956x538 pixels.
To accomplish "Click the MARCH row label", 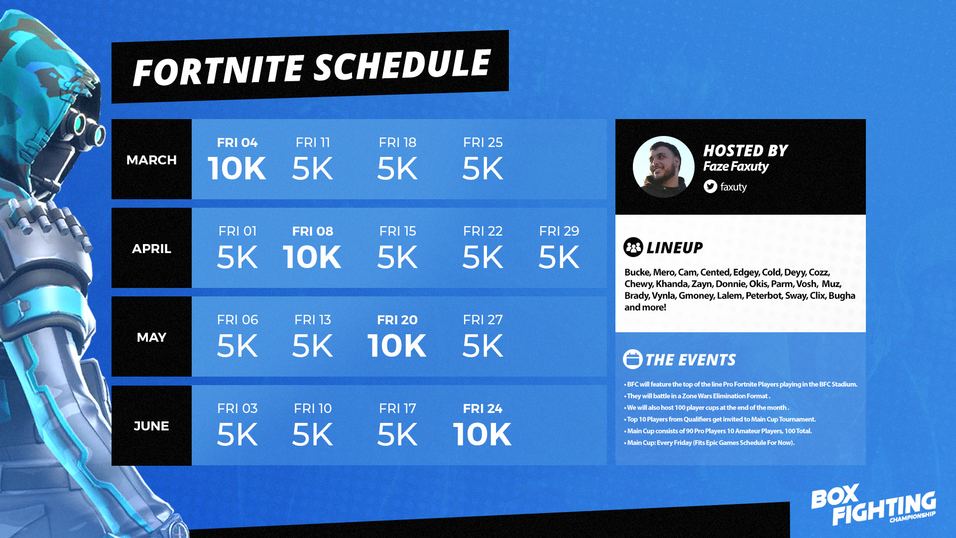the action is pyautogui.click(x=151, y=160).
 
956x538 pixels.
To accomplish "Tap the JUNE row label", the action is pyautogui.click(x=151, y=426).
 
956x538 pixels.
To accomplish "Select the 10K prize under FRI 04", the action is pyautogui.click(x=237, y=168).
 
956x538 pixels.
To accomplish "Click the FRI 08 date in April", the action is pyautogui.click(x=313, y=231).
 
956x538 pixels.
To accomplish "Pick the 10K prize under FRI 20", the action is pyautogui.click(x=397, y=346).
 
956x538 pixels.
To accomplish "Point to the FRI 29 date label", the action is pyautogui.click(x=559, y=231).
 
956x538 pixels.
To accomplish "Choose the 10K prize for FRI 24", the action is pyautogui.click(x=482, y=434).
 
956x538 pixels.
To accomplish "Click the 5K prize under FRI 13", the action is pyautogui.click(x=312, y=346).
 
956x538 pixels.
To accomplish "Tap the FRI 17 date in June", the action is pyautogui.click(x=397, y=408).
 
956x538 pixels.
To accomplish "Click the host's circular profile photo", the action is pyautogui.click(x=664, y=167).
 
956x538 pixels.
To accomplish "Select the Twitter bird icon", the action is pyautogui.click(x=711, y=186).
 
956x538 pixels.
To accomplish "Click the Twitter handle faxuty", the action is pyautogui.click(x=733, y=187).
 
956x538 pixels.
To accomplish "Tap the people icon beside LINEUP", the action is pyautogui.click(x=633, y=247).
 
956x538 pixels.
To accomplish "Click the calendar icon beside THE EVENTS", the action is pyautogui.click(x=633, y=359).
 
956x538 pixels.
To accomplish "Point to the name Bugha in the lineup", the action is pyautogui.click(x=842, y=295).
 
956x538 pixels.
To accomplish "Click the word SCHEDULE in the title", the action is pyautogui.click(x=402, y=66).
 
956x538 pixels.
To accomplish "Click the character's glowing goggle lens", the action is pyautogui.click(x=79, y=123).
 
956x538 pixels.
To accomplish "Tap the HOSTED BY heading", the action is pyautogui.click(x=745, y=150).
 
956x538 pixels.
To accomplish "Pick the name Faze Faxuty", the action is pyautogui.click(x=736, y=166).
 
